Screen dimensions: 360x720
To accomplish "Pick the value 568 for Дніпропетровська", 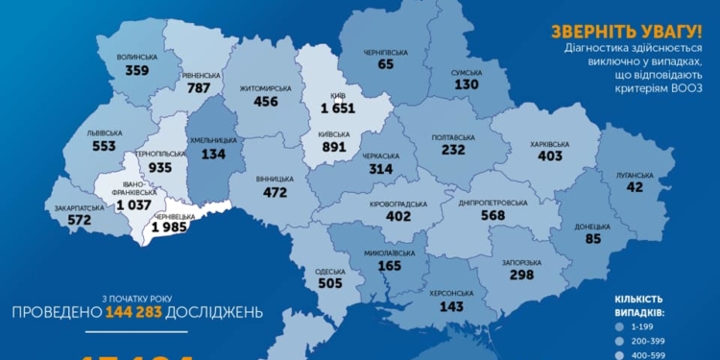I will click(x=493, y=215).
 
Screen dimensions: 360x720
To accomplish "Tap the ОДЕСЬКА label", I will click(x=329, y=272).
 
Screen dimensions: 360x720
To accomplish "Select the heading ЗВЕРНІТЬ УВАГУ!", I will click(x=633, y=28).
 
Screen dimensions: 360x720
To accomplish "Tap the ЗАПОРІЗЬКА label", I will click(x=520, y=262).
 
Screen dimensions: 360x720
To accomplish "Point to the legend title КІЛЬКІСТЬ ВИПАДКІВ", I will click(x=646, y=305).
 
